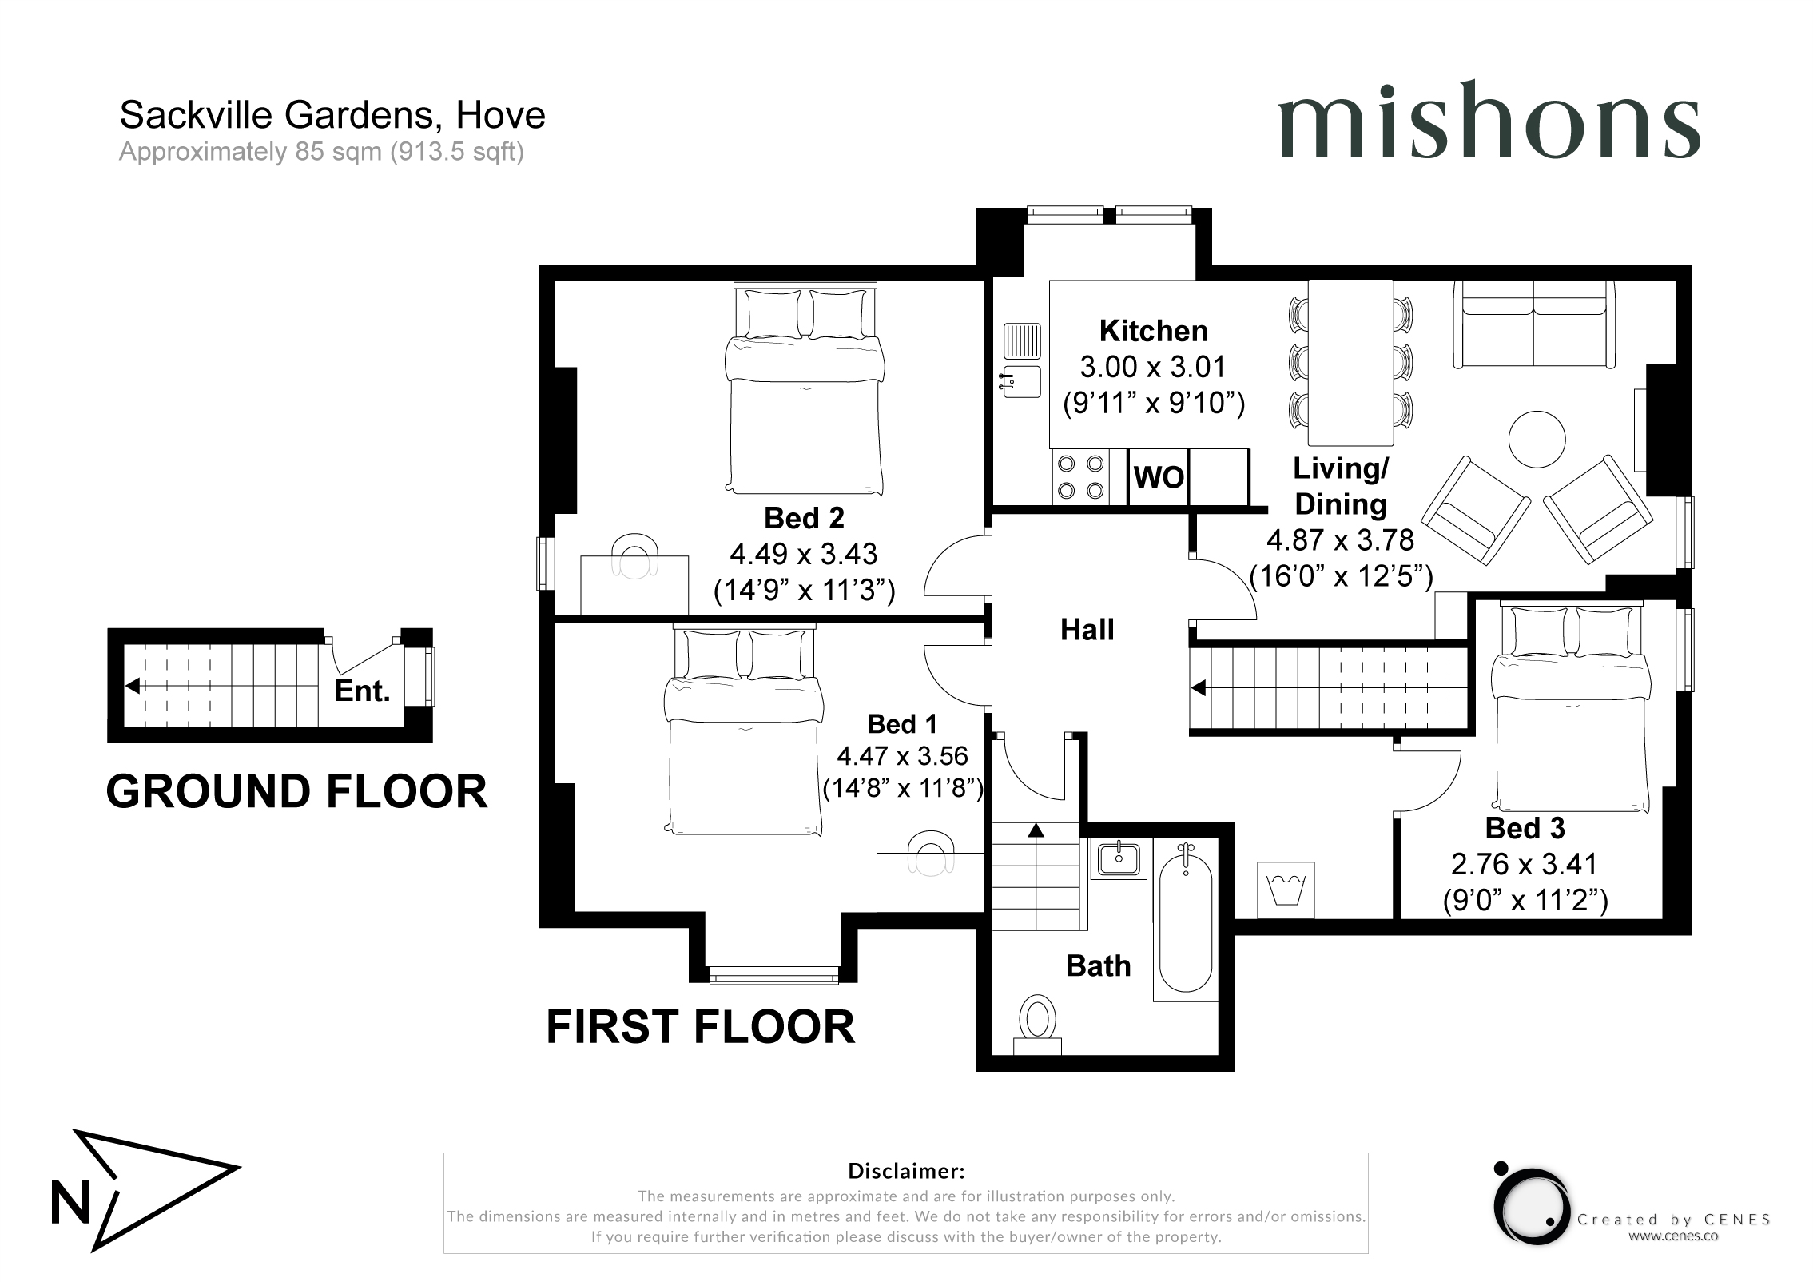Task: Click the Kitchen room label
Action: point(1153,331)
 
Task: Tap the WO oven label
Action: point(1159,477)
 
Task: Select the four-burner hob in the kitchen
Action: point(1079,476)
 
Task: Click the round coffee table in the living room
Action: point(1537,439)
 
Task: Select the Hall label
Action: point(1087,630)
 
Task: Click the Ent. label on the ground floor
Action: point(362,691)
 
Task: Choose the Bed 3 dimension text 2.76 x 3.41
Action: point(1524,864)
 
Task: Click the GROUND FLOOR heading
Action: point(296,791)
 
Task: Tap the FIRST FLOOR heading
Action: point(700,1027)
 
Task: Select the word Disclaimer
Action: point(906,1171)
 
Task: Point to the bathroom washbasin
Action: point(1118,858)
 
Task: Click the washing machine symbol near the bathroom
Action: point(1286,890)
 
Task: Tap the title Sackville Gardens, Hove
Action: point(332,116)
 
